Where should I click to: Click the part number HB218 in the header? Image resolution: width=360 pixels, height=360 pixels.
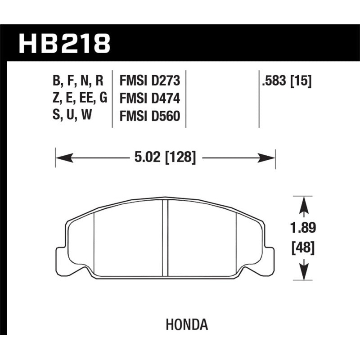tap(64, 44)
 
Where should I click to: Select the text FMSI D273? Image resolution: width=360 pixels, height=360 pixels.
tap(149, 81)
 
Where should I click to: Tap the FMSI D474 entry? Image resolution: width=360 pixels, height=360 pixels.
tap(149, 99)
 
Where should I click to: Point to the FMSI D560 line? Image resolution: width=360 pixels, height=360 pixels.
tap(149, 116)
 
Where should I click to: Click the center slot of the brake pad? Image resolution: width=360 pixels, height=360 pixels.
tap(165, 238)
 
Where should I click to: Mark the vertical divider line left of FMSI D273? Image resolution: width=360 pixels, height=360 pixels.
tap(112, 99)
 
